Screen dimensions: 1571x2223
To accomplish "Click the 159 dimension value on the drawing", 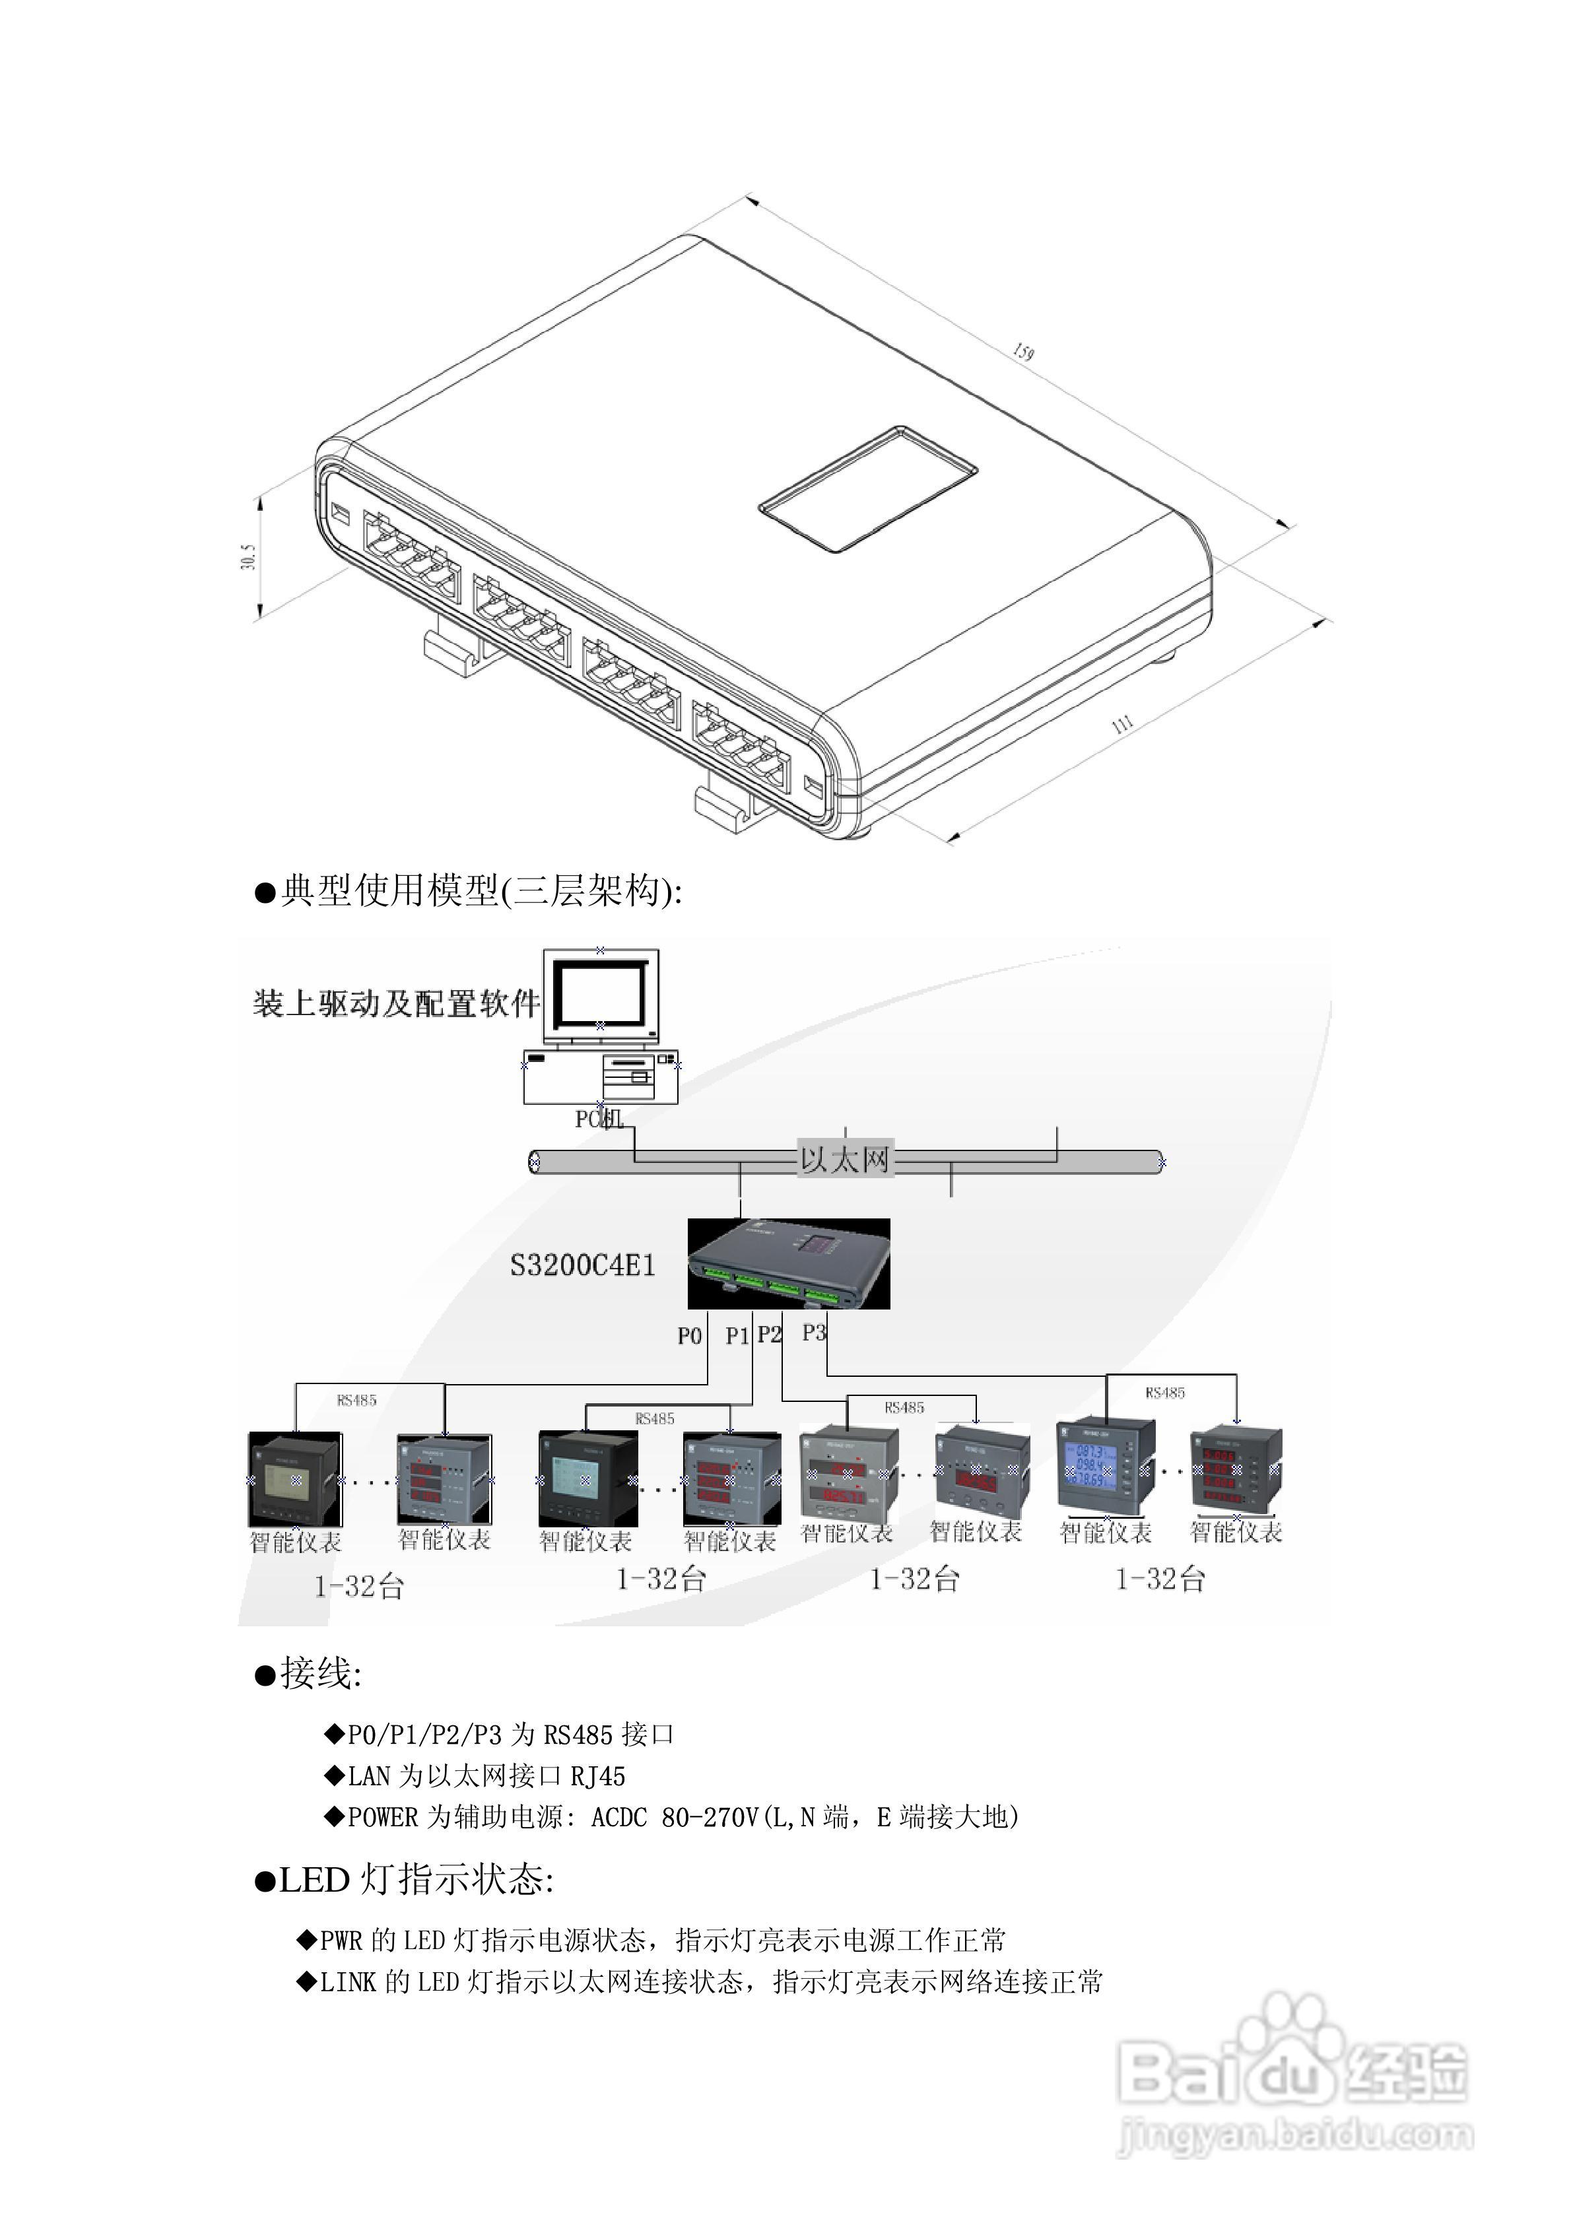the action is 1022,351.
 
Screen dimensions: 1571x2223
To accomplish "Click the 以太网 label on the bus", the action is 844,1160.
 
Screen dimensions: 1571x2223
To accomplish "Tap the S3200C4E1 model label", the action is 583,1265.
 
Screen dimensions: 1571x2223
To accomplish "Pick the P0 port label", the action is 688,1336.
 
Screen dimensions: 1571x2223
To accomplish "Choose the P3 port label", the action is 814,1332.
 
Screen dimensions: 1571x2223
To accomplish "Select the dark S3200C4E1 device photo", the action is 788,1263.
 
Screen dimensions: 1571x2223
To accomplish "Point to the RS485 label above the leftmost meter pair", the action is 356,1400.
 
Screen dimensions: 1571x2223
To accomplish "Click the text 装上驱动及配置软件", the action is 396,1003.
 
